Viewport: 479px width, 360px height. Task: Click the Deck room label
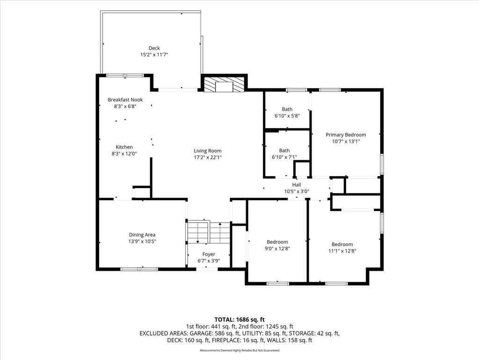pyautogui.click(x=154, y=48)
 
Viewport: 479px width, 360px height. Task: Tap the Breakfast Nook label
pyautogui.click(x=125, y=100)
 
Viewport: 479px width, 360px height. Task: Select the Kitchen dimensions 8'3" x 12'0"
pyautogui.click(x=124, y=154)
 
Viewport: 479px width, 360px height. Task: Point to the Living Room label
pyautogui.click(x=207, y=150)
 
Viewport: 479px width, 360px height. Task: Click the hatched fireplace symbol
pyautogui.click(x=224, y=84)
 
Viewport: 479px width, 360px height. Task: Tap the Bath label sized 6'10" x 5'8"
pyautogui.click(x=287, y=109)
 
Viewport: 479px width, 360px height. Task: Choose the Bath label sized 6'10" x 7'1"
pyautogui.click(x=284, y=150)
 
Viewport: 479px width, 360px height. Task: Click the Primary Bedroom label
pyautogui.click(x=346, y=135)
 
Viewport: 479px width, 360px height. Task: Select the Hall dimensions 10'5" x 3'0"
pyautogui.click(x=297, y=192)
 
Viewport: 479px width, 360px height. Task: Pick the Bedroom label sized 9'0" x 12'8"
pyautogui.click(x=277, y=242)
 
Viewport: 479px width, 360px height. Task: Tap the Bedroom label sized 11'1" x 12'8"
pyautogui.click(x=342, y=244)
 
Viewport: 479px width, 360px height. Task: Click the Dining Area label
pyautogui.click(x=142, y=235)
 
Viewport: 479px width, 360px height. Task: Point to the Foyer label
pyautogui.click(x=209, y=254)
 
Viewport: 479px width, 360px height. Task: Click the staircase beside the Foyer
pyautogui.click(x=208, y=232)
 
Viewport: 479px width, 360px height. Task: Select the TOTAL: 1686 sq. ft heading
pyautogui.click(x=239, y=320)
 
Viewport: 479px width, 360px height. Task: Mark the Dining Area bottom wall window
pyautogui.click(x=139, y=269)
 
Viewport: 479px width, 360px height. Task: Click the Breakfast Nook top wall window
pyautogui.click(x=124, y=75)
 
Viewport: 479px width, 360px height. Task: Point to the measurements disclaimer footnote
pyautogui.click(x=239, y=350)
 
